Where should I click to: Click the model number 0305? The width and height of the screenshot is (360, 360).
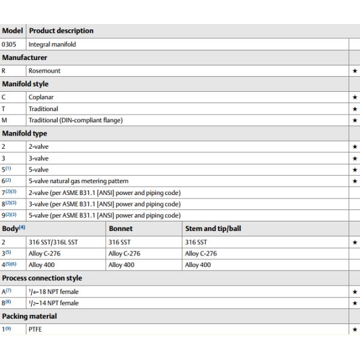pyautogui.click(x=9, y=44)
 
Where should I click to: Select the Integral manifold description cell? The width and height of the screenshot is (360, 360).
pyautogui.click(x=52, y=44)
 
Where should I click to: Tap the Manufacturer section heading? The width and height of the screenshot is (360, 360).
pyautogui.click(x=25, y=58)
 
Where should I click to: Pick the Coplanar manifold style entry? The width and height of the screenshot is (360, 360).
pyautogui.click(x=41, y=97)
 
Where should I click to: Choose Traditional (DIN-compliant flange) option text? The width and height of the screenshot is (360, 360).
pyautogui.click(x=76, y=120)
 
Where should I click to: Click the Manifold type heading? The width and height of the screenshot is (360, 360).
pyautogui.click(x=25, y=133)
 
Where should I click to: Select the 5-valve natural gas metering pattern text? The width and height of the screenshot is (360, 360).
pyautogui.click(x=79, y=181)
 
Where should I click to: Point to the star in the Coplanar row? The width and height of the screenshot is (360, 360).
pyautogui.click(x=355, y=97)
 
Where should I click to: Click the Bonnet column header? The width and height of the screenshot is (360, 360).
pyautogui.click(x=121, y=229)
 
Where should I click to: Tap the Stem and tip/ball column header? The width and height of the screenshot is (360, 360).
pyautogui.click(x=214, y=229)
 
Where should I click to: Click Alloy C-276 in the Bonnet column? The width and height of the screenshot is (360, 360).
pyautogui.click(x=124, y=253)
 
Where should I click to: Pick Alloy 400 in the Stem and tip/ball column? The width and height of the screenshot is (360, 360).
pyautogui.click(x=198, y=265)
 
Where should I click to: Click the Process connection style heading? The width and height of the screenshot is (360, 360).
pyautogui.click(x=42, y=278)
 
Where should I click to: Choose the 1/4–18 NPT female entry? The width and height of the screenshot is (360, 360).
pyautogui.click(x=53, y=292)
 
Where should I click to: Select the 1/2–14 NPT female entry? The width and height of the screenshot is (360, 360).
pyautogui.click(x=53, y=303)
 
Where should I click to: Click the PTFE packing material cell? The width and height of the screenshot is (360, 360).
pyautogui.click(x=35, y=329)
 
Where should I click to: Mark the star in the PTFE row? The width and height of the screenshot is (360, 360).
pyautogui.click(x=355, y=329)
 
